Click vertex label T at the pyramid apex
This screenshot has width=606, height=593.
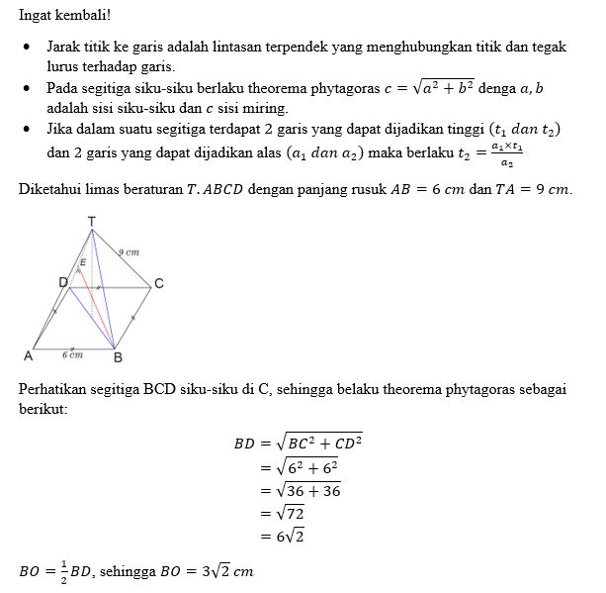(92, 220)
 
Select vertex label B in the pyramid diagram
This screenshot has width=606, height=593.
(119, 357)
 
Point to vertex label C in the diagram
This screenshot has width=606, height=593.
(159, 284)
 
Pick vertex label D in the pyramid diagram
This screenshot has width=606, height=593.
(62, 283)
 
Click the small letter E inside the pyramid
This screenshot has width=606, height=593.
(83, 261)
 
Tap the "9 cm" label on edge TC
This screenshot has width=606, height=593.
(130, 253)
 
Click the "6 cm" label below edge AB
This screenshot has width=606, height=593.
(72, 353)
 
